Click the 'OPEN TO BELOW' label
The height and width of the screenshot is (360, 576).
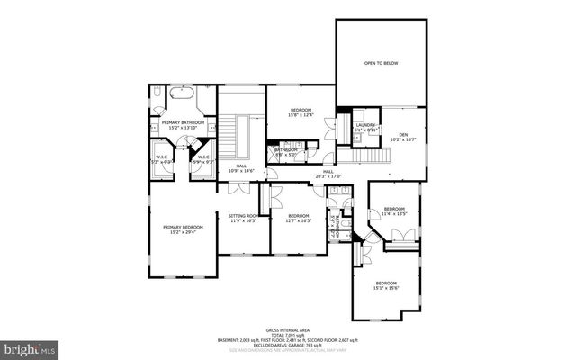[x=381, y=64]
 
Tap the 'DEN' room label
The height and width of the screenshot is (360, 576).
[x=403, y=134]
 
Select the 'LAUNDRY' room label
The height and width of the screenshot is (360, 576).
[x=364, y=125]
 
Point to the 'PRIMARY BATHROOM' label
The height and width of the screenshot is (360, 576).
[x=184, y=122]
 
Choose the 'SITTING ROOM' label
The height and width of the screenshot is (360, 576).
[x=243, y=216]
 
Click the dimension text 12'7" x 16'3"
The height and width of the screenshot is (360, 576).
[x=299, y=220]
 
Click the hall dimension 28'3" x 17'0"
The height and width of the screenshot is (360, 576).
[x=328, y=176]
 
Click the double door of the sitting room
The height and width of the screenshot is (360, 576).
[x=239, y=189]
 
